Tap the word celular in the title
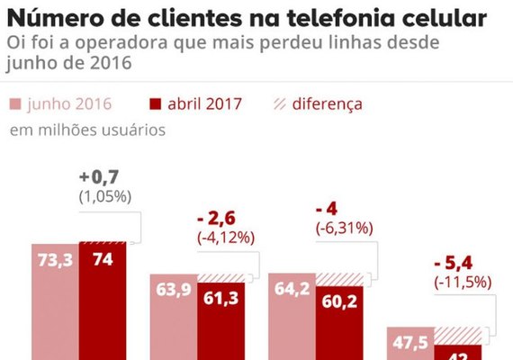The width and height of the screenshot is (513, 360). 453,19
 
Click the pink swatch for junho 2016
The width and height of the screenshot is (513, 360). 15,103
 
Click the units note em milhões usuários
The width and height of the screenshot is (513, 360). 87,130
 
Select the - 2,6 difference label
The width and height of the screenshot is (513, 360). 218,220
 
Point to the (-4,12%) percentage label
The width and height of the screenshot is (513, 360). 226,238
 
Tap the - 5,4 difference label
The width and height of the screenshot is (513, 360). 454,263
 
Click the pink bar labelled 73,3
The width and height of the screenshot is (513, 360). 54,306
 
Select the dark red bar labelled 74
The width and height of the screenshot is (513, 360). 102,306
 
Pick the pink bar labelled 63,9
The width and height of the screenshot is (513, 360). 173,319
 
